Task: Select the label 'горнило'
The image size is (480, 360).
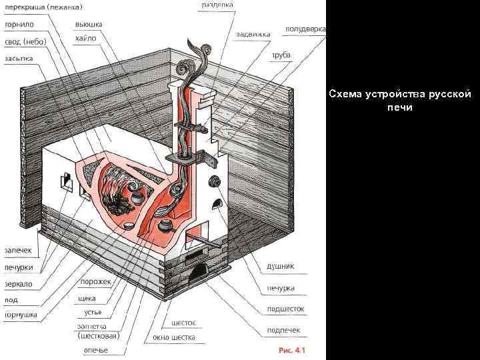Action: tap(19, 24)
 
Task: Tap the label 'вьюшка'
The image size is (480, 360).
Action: tap(88, 24)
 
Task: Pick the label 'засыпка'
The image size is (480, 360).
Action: tap(20, 59)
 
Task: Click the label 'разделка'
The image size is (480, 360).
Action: tap(217, 5)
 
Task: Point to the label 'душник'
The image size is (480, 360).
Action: tap(281, 265)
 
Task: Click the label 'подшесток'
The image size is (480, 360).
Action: tap(285, 309)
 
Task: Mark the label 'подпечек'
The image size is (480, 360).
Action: tap(283, 329)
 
